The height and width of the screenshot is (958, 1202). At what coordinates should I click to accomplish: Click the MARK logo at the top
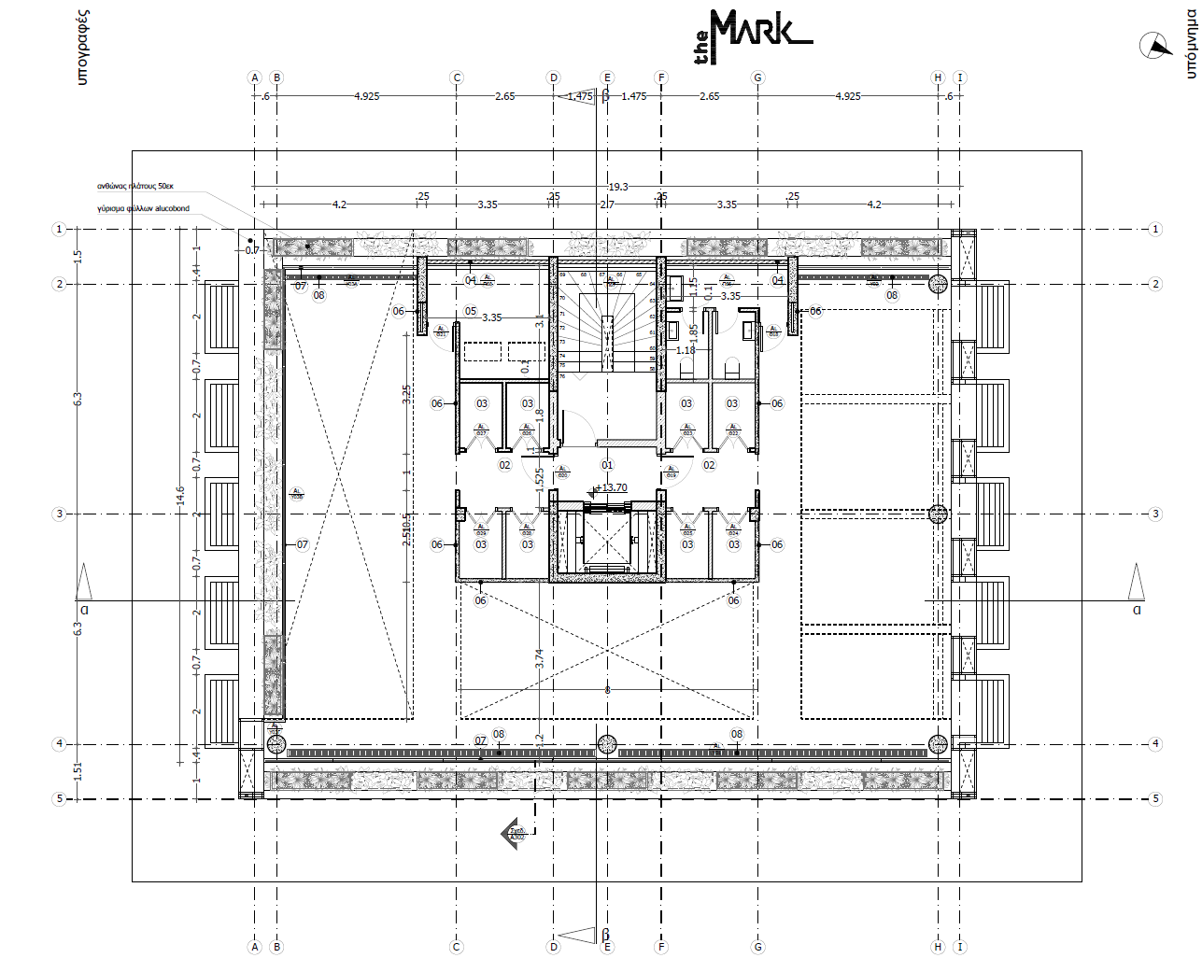coord(753,35)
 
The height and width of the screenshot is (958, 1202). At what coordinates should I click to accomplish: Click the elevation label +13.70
coord(614,487)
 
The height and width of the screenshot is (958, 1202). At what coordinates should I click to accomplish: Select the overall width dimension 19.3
coord(618,187)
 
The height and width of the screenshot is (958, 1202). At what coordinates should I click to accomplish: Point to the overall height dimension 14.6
coord(180,495)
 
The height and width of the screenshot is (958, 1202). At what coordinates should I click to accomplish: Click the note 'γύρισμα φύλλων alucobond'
coord(143,208)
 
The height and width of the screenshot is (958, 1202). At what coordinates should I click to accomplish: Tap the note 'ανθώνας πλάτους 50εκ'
coord(135,186)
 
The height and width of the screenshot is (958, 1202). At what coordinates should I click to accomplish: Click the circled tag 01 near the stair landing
coord(607,465)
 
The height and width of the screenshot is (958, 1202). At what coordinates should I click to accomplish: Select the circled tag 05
coord(471,311)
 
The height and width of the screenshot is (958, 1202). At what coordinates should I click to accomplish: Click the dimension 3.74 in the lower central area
coord(539,657)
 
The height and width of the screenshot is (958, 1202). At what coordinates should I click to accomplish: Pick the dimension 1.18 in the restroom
coord(686,350)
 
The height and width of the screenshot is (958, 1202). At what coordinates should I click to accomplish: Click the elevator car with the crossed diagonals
coord(607,541)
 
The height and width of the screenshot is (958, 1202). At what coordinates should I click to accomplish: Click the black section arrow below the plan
coord(514,832)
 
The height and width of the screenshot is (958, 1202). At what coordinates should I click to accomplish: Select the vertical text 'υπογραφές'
coord(82,47)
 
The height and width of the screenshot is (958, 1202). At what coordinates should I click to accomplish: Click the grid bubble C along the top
coord(457,77)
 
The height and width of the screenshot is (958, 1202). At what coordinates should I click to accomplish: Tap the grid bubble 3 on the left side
coord(60,514)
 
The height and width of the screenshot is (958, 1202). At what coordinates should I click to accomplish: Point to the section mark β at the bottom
coord(605,935)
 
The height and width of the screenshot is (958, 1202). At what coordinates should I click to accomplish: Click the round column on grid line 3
coord(938,514)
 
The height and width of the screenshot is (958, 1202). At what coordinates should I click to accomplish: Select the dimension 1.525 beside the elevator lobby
coord(539,478)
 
